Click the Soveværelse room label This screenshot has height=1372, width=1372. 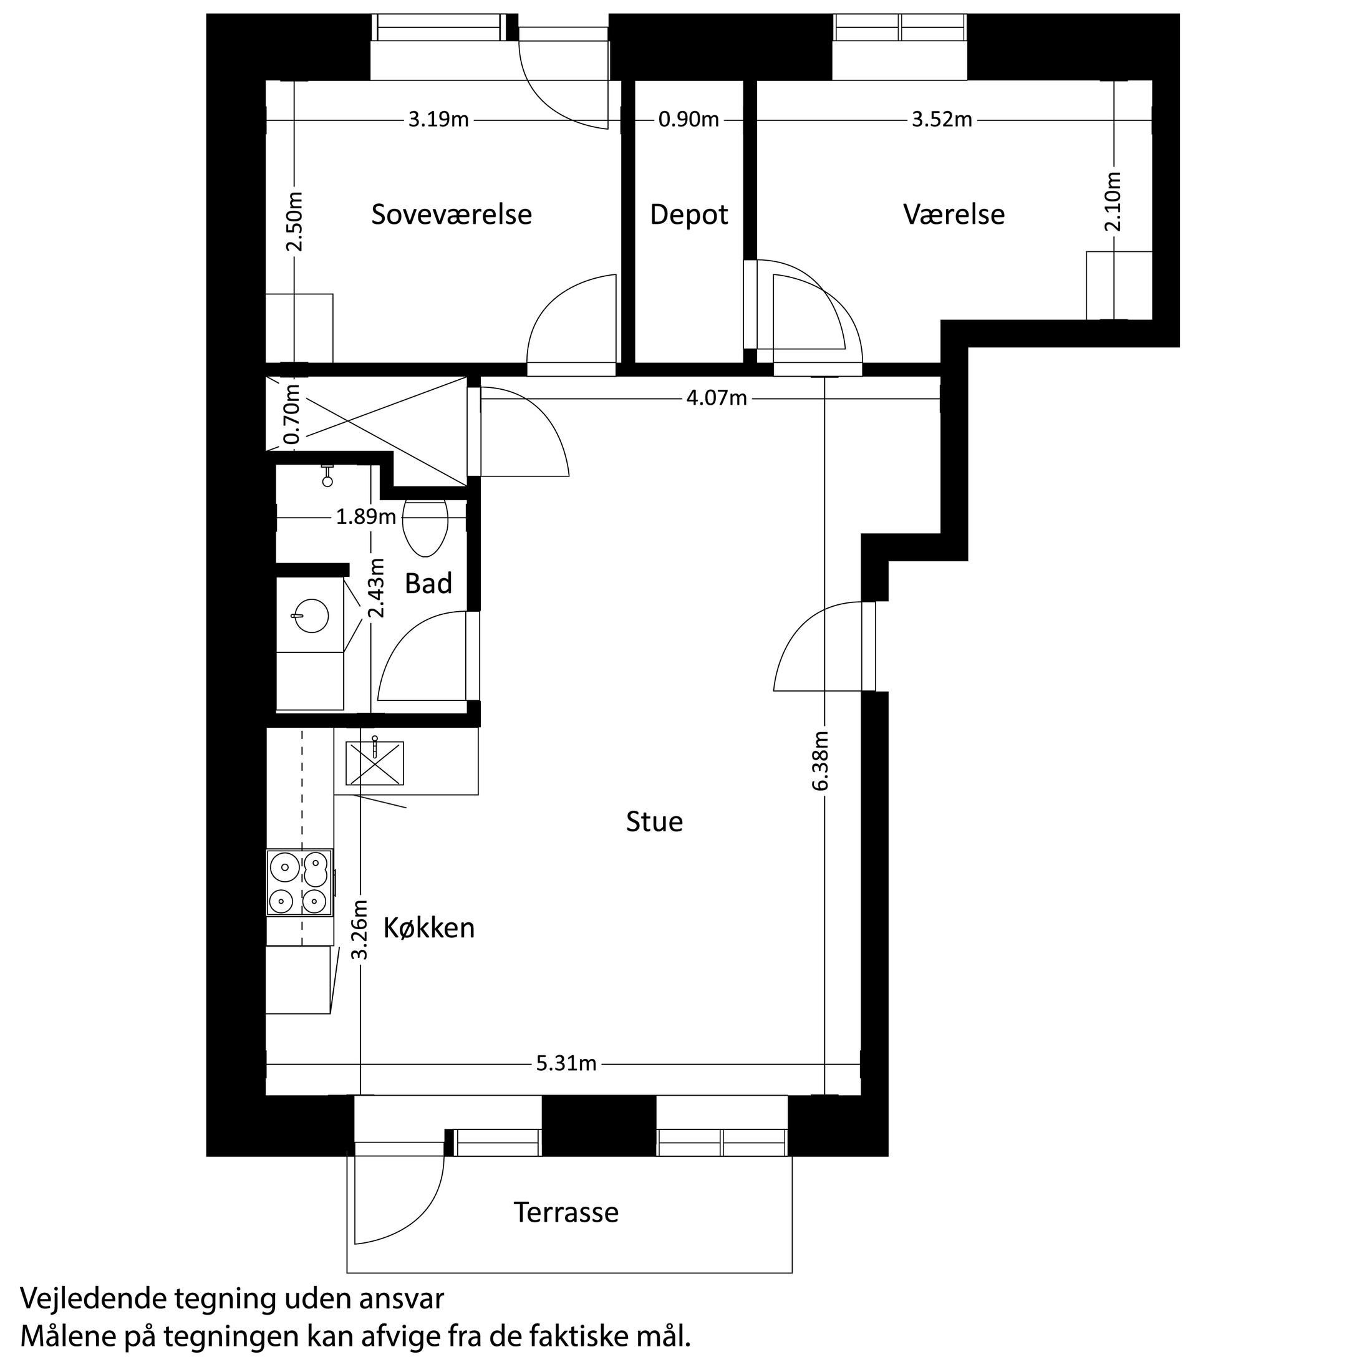(452, 215)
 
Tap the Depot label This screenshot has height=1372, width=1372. (689, 215)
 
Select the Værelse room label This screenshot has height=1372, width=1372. (954, 215)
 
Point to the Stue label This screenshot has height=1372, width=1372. (654, 821)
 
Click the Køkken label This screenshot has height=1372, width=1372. (429, 928)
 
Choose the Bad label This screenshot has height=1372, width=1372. (428, 584)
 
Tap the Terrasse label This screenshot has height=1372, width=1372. (566, 1212)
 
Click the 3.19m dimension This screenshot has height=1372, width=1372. (438, 120)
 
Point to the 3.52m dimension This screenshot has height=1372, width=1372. (942, 120)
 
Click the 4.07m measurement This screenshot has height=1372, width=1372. (717, 399)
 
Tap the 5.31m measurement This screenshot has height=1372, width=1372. (566, 1064)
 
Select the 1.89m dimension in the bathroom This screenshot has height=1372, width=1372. (365, 517)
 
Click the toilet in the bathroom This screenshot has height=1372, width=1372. (425, 527)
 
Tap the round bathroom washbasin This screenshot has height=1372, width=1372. (311, 615)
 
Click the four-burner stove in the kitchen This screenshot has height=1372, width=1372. (300, 882)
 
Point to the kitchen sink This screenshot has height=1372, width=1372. (374, 763)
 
